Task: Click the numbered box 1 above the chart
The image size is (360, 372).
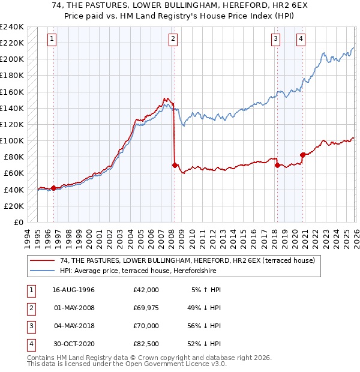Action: pyautogui.click(x=52, y=40)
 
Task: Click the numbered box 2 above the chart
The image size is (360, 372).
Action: pyautogui.click(x=173, y=40)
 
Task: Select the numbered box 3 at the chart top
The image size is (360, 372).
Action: pyautogui.click(x=276, y=40)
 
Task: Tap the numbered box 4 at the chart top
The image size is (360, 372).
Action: pyautogui.click(x=301, y=40)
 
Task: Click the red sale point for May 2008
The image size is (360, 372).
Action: pyautogui.click(x=175, y=164)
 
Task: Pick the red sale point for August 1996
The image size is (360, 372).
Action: pyautogui.click(x=53, y=188)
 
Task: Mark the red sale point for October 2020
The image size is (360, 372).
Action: pyautogui.click(x=302, y=155)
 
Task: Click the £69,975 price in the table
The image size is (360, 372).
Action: pyautogui.click(x=146, y=308)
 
